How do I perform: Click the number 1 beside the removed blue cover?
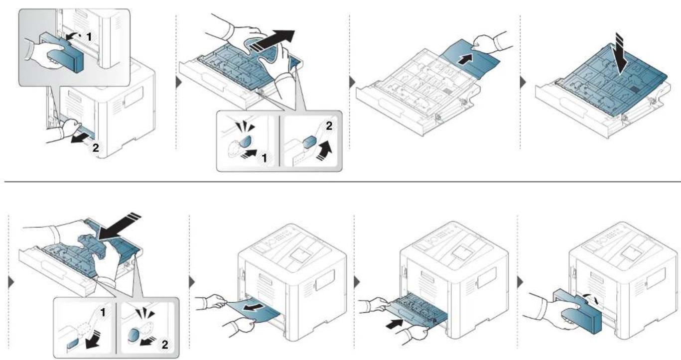point(89,37)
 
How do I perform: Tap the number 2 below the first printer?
point(96,148)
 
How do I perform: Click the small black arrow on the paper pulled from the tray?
point(465,59)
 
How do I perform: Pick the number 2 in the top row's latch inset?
point(329,126)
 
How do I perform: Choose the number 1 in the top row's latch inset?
point(265,158)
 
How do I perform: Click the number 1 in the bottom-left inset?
point(103,312)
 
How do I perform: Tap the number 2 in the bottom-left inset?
point(164,345)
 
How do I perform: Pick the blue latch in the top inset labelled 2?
point(309,142)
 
